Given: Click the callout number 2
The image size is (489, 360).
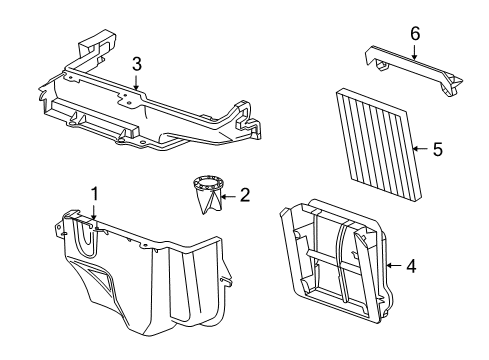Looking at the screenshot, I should [243, 197].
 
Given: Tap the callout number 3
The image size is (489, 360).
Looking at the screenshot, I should [136, 64].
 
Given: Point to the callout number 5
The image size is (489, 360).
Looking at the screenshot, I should [436, 148].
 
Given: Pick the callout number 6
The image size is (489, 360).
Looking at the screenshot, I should [415, 33].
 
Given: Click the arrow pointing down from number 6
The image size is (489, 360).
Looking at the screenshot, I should [415, 50].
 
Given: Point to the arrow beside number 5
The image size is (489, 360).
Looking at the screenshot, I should [418, 148].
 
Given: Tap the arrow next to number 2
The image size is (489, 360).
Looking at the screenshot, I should [230, 197].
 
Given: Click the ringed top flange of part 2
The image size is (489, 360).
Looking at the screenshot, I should [207, 183].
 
